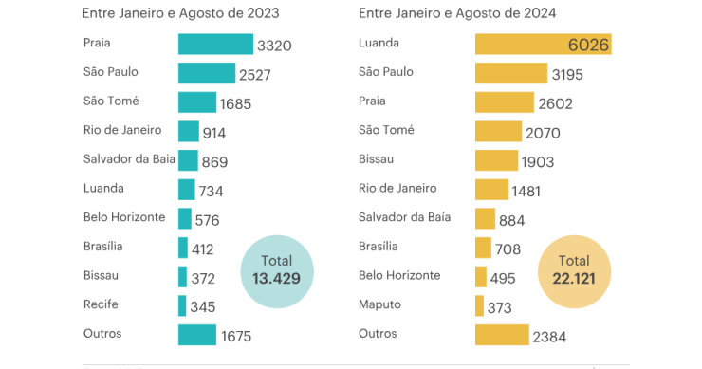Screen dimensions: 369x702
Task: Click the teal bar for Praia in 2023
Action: [x=215, y=45]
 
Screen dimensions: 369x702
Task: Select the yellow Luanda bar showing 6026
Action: [x=543, y=45]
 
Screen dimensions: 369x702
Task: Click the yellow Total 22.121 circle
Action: [x=574, y=269]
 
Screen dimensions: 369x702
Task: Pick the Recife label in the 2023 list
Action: [x=102, y=304]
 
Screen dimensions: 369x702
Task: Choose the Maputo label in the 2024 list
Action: [x=379, y=304]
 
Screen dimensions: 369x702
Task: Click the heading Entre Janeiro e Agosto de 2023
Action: [x=185, y=13]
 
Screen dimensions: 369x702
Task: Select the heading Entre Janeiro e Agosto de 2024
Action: [x=457, y=13]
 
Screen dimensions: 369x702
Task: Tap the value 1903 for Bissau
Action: [x=538, y=162]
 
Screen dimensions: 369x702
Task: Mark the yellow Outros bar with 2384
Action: [x=502, y=336]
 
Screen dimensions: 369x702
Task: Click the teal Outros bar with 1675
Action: [x=197, y=336]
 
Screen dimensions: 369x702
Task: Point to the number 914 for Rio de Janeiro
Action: [x=214, y=134]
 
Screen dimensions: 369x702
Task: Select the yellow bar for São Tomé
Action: [x=498, y=132]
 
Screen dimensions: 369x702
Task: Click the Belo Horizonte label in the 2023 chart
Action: [x=124, y=217]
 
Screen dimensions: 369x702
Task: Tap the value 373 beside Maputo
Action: [x=499, y=307]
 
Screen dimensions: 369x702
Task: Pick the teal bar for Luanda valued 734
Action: [x=186, y=190]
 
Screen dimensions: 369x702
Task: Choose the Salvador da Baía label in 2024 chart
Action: [x=404, y=217]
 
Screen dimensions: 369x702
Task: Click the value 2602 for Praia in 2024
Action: [x=554, y=104]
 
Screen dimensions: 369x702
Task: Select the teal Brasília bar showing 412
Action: [x=183, y=248]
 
